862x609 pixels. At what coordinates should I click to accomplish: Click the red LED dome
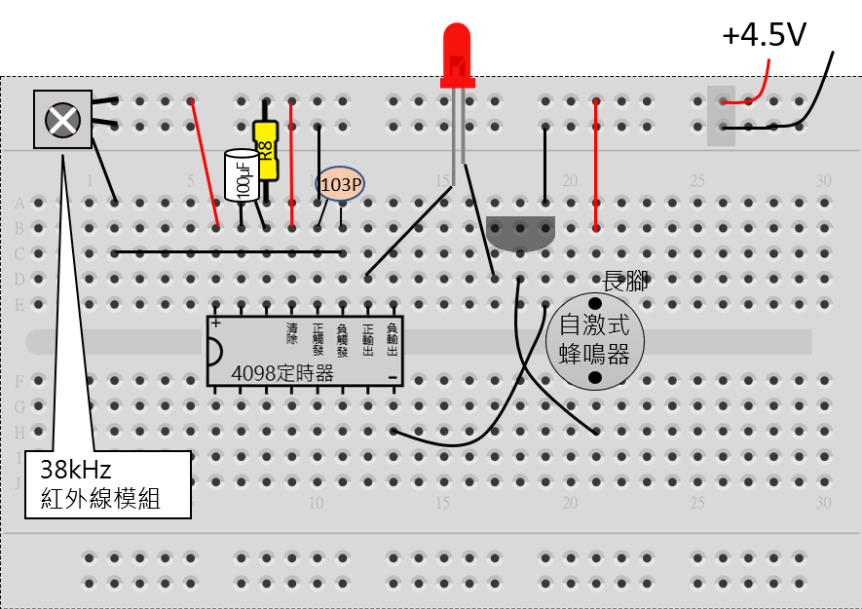pos(456,49)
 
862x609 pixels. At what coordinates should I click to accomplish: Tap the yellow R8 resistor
pos(265,150)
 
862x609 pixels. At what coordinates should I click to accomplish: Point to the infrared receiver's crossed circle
pos(63,120)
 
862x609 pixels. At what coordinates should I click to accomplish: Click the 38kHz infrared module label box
pos(107,484)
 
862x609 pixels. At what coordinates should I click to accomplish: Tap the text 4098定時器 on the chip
pos(282,373)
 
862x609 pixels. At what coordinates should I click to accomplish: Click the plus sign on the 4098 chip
pos(215,323)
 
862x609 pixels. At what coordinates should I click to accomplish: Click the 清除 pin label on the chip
pos(291,332)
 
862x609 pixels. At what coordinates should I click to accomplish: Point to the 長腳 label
pos(625,282)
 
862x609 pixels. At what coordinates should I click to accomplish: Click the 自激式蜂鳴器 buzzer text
pos(594,339)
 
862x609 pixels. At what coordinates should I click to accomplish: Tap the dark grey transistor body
pos(520,232)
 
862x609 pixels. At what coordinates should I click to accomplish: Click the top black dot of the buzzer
pos(594,304)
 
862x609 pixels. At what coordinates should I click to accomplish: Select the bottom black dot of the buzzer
pos(594,377)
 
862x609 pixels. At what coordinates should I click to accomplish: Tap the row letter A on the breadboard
pos(19,204)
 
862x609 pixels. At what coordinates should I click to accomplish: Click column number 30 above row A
pos(824,180)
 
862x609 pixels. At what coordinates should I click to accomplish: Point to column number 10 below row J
pos(317,503)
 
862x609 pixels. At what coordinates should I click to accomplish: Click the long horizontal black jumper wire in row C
pos(229,252)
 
